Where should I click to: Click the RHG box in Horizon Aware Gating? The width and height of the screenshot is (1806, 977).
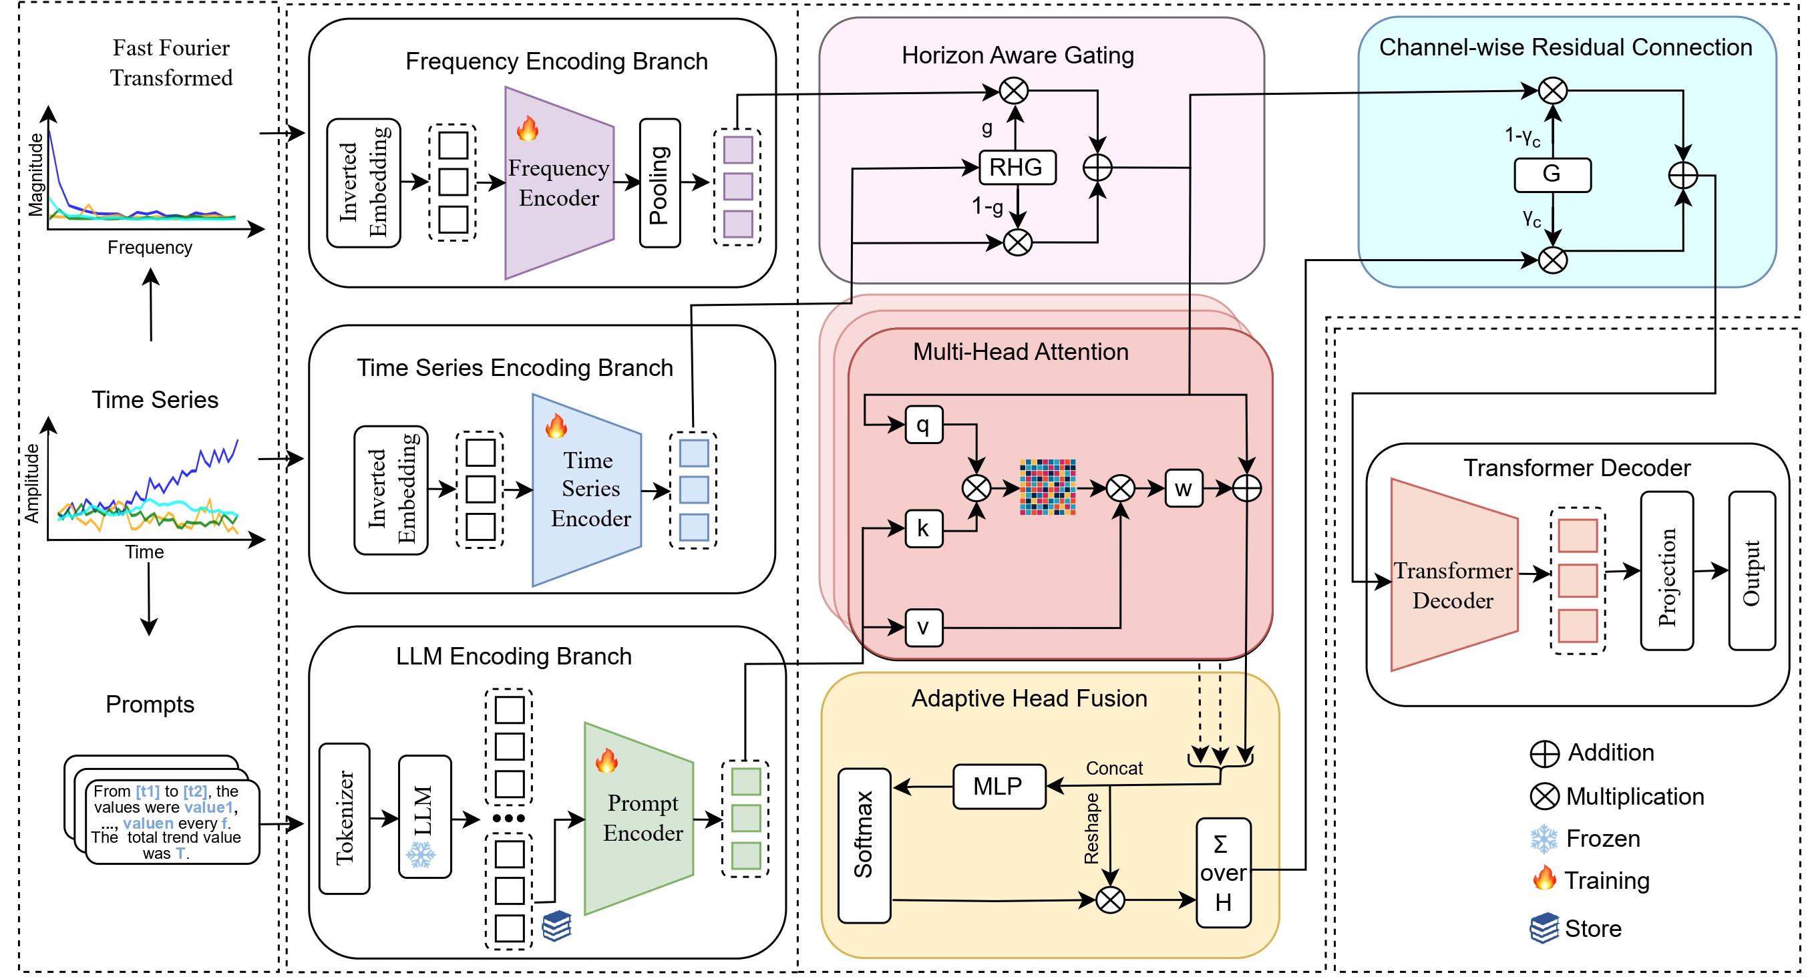pyautogui.click(x=1017, y=168)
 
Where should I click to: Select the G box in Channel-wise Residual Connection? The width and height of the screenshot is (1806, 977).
pyautogui.click(x=1552, y=174)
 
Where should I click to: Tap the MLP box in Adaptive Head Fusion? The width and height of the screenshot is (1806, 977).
pyautogui.click(x=999, y=787)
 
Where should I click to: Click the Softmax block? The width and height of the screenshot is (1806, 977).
pyautogui.click(x=864, y=845)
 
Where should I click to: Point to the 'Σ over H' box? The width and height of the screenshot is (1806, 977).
pyautogui.click(x=1223, y=873)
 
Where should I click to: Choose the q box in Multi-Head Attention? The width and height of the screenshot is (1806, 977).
pyautogui.click(x=923, y=425)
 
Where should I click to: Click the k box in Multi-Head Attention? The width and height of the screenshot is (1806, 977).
pyautogui.click(x=923, y=528)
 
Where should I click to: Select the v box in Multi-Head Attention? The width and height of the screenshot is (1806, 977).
pyautogui.click(x=923, y=627)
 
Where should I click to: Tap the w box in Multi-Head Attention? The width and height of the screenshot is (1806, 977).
pyautogui.click(x=1184, y=489)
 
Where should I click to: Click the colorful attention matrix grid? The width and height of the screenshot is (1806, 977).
pyautogui.click(x=1047, y=487)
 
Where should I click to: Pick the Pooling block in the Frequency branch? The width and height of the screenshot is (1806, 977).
pyautogui.click(x=660, y=184)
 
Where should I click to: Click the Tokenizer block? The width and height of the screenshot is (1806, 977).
pyautogui.click(x=344, y=818)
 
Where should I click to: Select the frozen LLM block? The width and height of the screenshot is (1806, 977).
pyautogui.click(x=424, y=817)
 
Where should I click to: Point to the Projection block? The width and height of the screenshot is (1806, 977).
pyautogui.click(x=1666, y=571)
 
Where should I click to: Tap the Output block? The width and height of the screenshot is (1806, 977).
pyautogui.click(x=1751, y=571)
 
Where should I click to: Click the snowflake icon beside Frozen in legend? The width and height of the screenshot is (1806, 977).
pyautogui.click(x=1543, y=839)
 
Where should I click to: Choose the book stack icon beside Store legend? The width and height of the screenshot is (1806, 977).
pyautogui.click(x=1544, y=929)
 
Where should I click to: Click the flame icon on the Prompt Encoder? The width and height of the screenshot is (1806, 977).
pyautogui.click(x=606, y=761)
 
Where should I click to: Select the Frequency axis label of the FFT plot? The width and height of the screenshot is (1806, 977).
pyautogui.click(x=150, y=247)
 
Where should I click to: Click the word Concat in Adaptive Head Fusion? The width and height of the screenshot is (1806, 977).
pyautogui.click(x=1114, y=769)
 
